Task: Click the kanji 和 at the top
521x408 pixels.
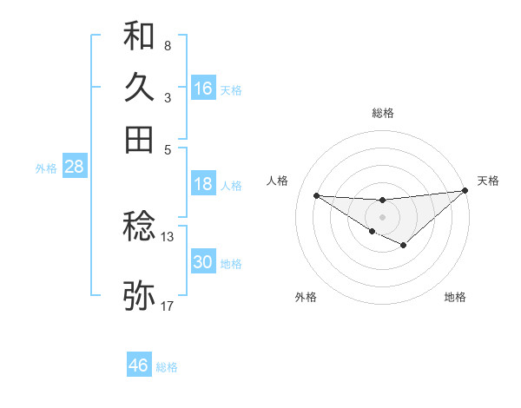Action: [x=139, y=36]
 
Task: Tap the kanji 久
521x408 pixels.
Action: [x=139, y=88]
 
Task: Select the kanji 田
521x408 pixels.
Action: [x=139, y=139]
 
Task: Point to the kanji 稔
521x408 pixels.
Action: [x=139, y=228]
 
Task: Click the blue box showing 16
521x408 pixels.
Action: [x=203, y=88]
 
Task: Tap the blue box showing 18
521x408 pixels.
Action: [x=203, y=184]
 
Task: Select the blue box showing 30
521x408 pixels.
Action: [x=203, y=262]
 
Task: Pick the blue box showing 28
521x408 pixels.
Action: [x=74, y=168]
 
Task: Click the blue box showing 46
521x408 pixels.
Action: [x=139, y=365]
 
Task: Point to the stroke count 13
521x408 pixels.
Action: [x=168, y=236]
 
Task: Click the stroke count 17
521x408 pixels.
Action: [x=168, y=306]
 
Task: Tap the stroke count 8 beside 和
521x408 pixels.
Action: [x=168, y=45]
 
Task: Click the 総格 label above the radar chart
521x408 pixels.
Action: [x=382, y=113]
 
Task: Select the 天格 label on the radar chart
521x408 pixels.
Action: [x=488, y=181]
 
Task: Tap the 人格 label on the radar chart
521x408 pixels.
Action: [x=278, y=181]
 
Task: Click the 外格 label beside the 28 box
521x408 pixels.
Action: [x=46, y=168]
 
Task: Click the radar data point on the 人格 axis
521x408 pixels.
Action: [x=317, y=195]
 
